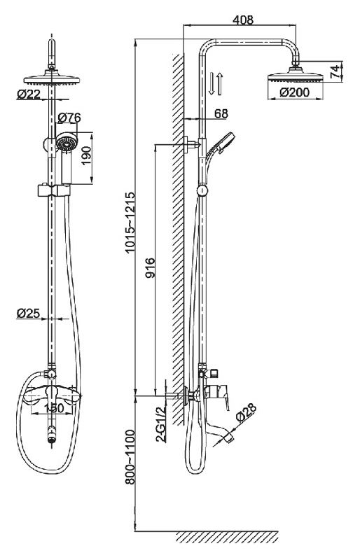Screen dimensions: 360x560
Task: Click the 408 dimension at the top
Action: (x=243, y=20)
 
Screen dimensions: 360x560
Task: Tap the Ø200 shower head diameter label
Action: (x=295, y=92)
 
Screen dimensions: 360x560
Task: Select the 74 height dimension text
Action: (x=335, y=72)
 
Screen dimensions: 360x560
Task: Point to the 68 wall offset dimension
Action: (x=221, y=113)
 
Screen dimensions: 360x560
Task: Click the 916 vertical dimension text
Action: (x=150, y=268)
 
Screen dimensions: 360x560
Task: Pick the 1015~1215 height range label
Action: (x=130, y=223)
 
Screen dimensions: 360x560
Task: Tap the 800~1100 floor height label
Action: (x=130, y=458)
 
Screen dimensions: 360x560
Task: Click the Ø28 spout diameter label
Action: (x=246, y=413)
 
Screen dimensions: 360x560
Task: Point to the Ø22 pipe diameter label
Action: (x=29, y=94)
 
